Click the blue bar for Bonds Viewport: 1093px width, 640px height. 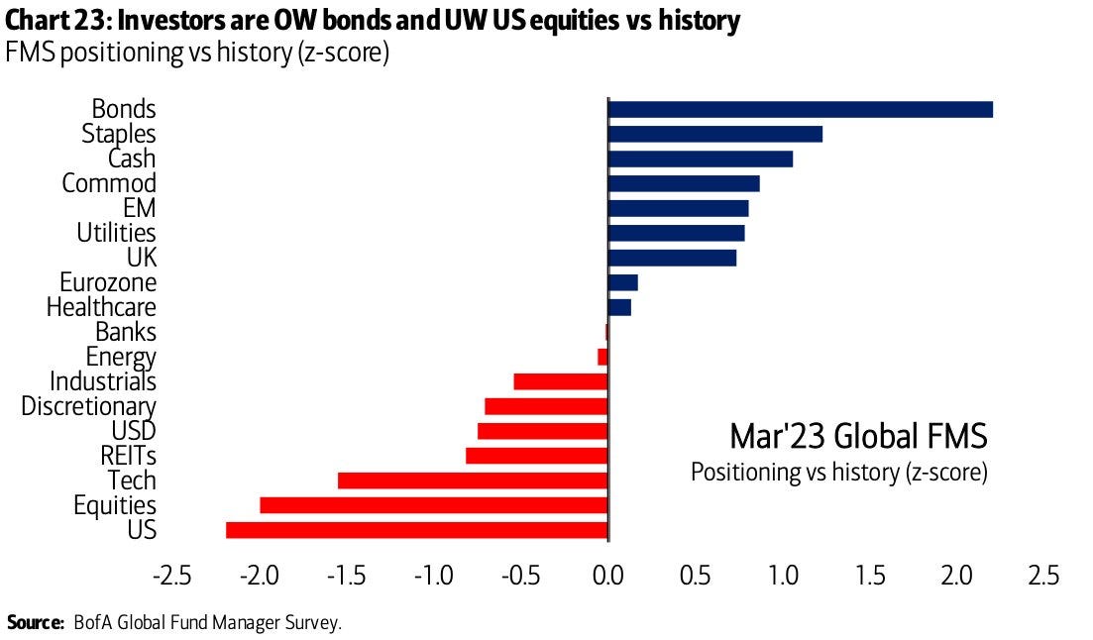coord(800,109)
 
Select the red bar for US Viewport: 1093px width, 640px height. coord(416,530)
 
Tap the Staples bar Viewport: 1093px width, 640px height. coord(714,134)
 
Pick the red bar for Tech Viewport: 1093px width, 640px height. coord(472,480)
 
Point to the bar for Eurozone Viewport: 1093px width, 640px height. coord(622,282)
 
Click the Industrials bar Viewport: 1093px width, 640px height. coord(560,381)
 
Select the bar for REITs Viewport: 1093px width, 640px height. coord(536,456)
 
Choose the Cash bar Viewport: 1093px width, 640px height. coord(700,159)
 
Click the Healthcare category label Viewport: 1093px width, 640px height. coord(101,307)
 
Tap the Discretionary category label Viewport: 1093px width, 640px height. coord(88,406)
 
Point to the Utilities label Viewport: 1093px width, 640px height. coord(117,233)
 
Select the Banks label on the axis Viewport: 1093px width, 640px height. coord(126,332)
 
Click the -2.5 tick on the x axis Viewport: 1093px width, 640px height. coord(171,575)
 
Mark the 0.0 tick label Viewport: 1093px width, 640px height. coord(606,575)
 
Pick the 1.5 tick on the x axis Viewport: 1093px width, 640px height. coord(869,575)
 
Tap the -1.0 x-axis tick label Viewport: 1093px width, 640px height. coord(432,575)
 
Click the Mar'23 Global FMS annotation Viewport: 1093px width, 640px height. coord(858,436)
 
